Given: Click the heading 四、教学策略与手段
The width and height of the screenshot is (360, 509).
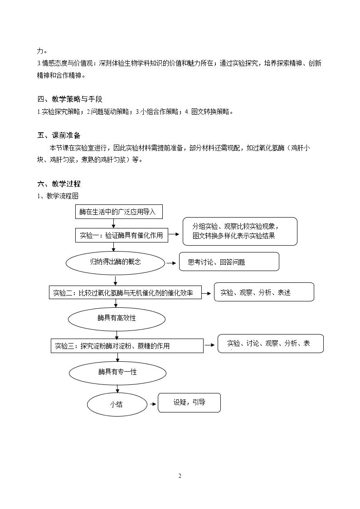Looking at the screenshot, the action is point(70,99).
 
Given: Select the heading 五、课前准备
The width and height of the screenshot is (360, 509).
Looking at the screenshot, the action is point(59,136).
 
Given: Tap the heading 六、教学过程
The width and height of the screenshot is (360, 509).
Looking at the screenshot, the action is point(59,184).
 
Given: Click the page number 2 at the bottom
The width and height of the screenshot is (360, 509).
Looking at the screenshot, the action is point(180,476).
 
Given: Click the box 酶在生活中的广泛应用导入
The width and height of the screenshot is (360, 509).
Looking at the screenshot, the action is point(119,212).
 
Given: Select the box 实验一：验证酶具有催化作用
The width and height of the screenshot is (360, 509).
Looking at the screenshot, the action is point(122,235).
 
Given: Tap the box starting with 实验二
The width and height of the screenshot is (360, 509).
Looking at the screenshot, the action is point(125,293).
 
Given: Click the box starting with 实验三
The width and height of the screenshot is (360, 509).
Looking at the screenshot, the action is point(127,346).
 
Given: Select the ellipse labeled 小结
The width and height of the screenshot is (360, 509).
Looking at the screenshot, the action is point(117,404).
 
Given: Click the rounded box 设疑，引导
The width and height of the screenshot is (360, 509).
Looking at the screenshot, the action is point(189,403).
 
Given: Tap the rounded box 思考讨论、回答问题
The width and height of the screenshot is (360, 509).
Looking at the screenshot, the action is point(229,262).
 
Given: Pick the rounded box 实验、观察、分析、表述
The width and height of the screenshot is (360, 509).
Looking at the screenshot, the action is point(264,292).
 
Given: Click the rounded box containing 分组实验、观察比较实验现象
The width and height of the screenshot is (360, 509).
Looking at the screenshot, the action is point(240,232).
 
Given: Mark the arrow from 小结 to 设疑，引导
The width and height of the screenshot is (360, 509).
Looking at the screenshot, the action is point(153,404).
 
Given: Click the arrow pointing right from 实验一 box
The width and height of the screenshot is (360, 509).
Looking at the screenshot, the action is point(174,234).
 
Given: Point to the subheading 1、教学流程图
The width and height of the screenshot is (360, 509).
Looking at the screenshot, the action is point(58,196).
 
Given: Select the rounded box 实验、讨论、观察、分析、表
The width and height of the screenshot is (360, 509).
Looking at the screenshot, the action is point(270,344).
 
